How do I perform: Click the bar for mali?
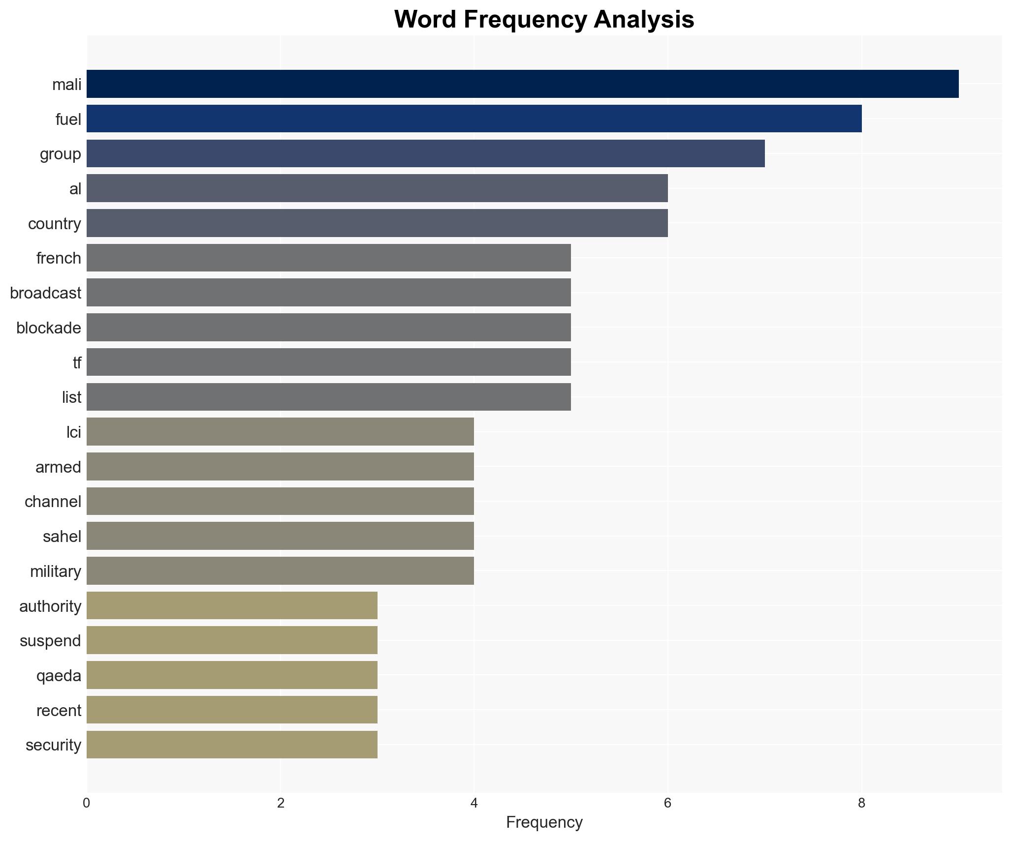coord(522,84)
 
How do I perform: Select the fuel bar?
coord(474,119)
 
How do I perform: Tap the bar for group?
coord(426,153)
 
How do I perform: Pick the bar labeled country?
coord(377,223)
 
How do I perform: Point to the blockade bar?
coord(329,328)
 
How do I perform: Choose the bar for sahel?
coord(280,536)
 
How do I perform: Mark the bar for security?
coord(232,745)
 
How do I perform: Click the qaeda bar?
coord(232,675)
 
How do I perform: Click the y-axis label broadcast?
coord(45,293)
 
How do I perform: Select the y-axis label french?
coord(59,258)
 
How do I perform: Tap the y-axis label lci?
coord(74,432)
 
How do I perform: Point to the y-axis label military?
coord(56,571)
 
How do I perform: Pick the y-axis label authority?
coord(50,606)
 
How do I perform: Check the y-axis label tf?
coord(77,363)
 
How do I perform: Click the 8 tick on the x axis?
coord(861,803)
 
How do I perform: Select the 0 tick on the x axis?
coord(87,803)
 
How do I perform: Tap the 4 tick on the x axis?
coord(474,803)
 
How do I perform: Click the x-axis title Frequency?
coord(544,822)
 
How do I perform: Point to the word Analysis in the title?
coord(644,20)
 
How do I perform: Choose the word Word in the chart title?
coord(425,20)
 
